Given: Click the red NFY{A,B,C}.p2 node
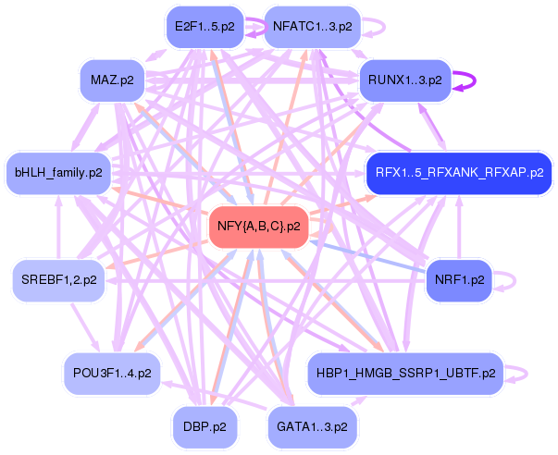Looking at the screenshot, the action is pyautogui.click(x=259, y=227).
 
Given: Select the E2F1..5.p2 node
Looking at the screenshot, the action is pyautogui.click(x=205, y=27).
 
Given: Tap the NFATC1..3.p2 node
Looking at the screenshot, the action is pyautogui.click(x=313, y=27).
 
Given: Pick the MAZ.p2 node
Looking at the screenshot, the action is pyautogui.click(x=113, y=80).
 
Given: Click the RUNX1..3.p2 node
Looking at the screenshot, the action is pyautogui.click(x=405, y=80).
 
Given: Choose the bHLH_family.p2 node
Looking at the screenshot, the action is pyautogui.click(x=58, y=173).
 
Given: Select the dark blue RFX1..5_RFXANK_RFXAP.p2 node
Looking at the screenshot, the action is pyautogui.click(x=459, y=173).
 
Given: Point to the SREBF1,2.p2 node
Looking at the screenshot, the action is pyautogui.click(x=58, y=280).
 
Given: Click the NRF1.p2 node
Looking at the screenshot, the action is pyautogui.click(x=459, y=280).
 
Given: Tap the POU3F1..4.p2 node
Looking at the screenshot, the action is pyautogui.click(x=112, y=374).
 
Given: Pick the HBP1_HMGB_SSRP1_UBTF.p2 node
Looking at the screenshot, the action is pyautogui.click(x=405, y=374).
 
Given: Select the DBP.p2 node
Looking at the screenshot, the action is pyautogui.click(x=205, y=427).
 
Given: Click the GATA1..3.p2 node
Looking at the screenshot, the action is pyautogui.click(x=312, y=427).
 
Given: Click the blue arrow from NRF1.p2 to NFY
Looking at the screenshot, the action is pyautogui.click(x=366, y=257).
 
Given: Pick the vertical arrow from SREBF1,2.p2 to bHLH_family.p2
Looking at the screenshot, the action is pyautogui.click(x=58, y=227).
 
